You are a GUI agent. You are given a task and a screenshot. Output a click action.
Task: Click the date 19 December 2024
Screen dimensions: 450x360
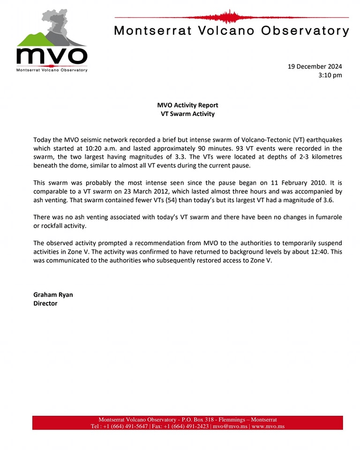[x=315, y=66]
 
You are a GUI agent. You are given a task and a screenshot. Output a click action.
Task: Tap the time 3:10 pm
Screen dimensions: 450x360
[x=330, y=75]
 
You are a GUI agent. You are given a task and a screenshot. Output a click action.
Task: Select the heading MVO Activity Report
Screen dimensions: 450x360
[x=187, y=105]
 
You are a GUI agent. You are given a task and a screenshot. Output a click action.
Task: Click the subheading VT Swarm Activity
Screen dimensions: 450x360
[x=187, y=114]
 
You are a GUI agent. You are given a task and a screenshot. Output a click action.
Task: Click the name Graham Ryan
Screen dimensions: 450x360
[x=53, y=295]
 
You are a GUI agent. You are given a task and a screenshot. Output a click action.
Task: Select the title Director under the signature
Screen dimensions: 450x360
[x=45, y=303]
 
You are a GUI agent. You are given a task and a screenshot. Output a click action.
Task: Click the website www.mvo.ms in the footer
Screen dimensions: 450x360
[x=268, y=427]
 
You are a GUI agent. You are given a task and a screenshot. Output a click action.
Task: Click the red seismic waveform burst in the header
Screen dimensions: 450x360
[x=230, y=17]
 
